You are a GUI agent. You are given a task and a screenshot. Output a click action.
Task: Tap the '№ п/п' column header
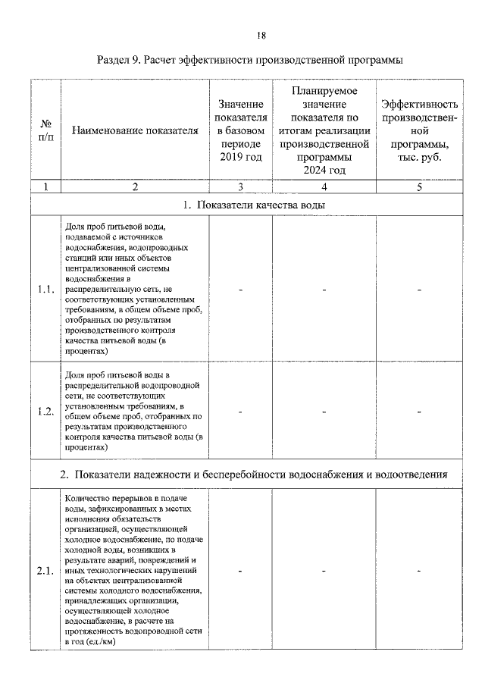click(45, 130)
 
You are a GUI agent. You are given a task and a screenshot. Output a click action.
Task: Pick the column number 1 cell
click(45, 186)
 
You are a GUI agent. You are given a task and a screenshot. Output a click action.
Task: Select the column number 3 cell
click(240, 186)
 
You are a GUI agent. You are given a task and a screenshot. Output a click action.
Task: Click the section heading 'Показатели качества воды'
click(255, 205)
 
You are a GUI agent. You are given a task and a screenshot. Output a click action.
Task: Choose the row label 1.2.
click(45, 412)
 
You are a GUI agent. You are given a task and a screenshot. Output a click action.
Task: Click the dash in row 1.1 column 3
click(240, 289)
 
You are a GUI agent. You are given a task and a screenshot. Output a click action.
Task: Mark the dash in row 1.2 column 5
click(420, 412)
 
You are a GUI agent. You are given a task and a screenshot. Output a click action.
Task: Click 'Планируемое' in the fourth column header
click(324, 90)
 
